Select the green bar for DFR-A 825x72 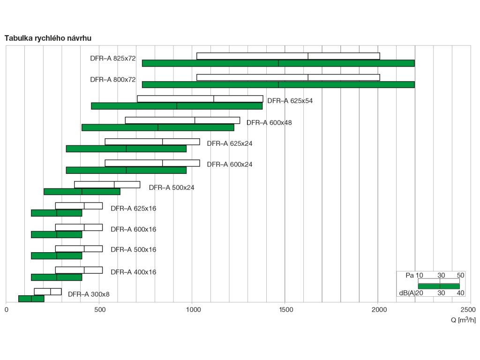(278, 63)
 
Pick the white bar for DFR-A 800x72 (288, 77)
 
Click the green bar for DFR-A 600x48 (157, 127)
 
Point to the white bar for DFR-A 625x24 (152, 142)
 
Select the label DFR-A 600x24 (230, 165)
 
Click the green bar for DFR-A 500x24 (82, 191)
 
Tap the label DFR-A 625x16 (134, 209)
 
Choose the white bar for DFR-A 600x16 (79, 227)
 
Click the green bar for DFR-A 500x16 (57, 256)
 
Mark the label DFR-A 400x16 (134, 272)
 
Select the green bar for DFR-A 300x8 (31, 299)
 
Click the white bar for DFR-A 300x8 (48, 292)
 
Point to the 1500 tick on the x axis (285, 309)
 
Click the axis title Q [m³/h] (463, 320)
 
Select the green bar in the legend (439, 286)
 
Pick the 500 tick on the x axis (99, 309)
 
